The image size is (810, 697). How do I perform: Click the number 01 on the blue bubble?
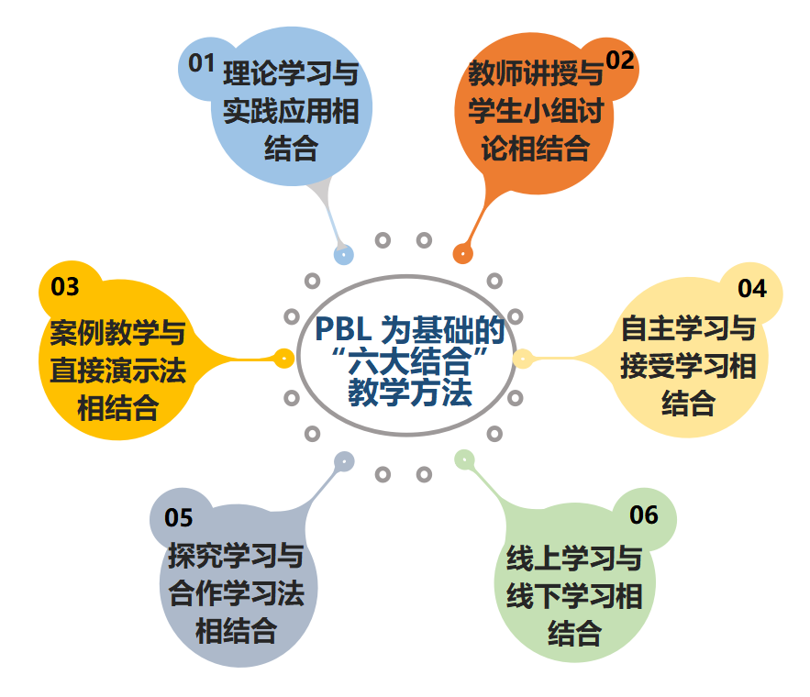(201, 63)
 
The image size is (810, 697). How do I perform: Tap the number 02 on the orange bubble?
(620, 61)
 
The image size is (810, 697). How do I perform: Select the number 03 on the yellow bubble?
(65, 287)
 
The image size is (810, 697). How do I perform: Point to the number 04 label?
(751, 288)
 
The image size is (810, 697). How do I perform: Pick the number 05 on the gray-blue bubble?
(179, 518)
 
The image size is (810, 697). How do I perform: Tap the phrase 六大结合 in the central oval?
(409, 361)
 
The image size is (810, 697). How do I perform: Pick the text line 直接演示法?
(118, 371)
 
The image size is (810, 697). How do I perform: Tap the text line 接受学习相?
(688, 368)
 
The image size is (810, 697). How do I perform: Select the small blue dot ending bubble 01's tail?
(343, 254)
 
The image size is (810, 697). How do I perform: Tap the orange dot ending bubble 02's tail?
(463, 253)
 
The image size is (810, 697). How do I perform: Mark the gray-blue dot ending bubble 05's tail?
(343, 460)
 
